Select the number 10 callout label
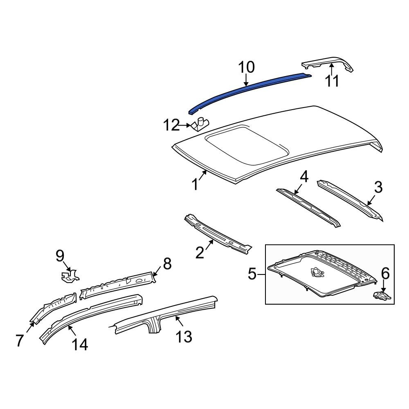(246, 67)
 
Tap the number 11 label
(332, 81)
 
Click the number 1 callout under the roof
(196, 184)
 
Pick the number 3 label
(378, 187)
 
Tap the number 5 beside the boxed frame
(252, 273)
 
